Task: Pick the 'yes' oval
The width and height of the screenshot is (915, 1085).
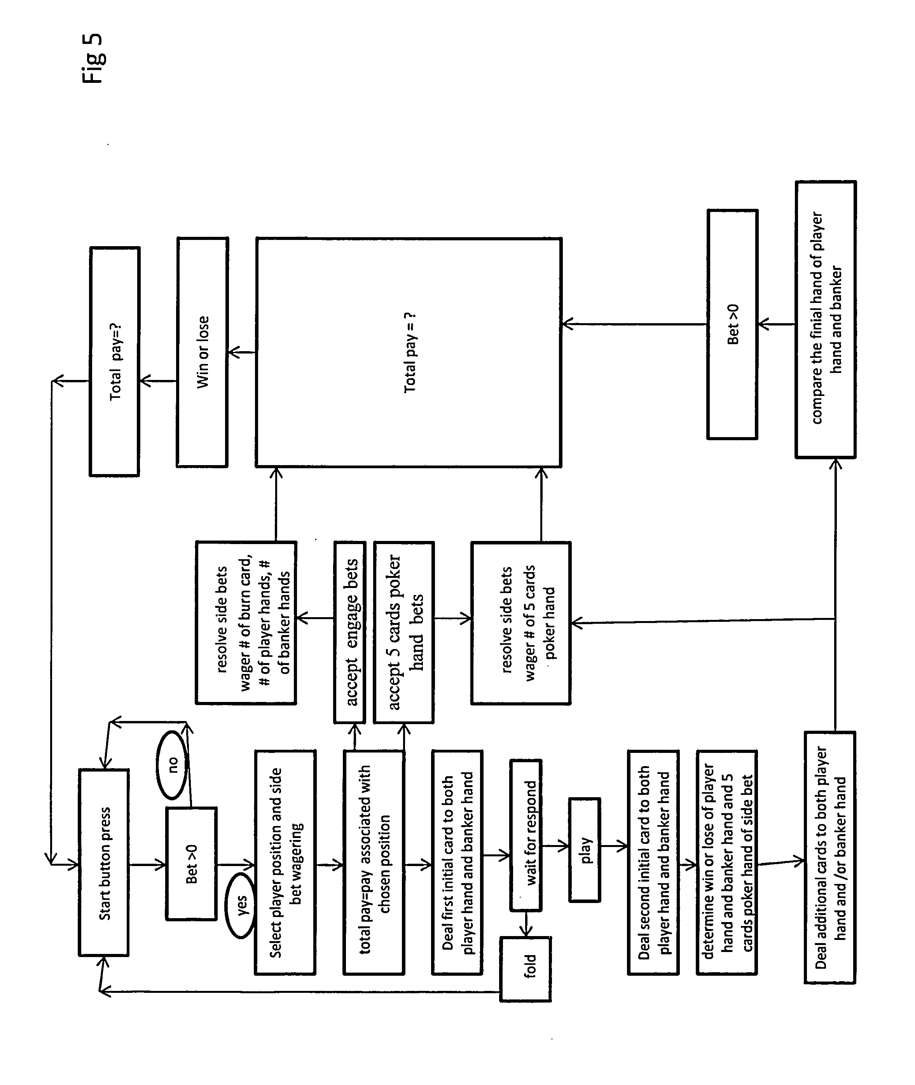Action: [x=240, y=905]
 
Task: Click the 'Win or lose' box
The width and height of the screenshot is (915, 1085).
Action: [x=202, y=352]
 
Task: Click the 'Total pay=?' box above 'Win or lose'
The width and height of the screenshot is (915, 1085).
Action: [x=115, y=361]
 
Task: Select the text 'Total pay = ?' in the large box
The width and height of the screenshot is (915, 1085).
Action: [x=410, y=353]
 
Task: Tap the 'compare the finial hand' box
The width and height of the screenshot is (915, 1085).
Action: [x=826, y=319]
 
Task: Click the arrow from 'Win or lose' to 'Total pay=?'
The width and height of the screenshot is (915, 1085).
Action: [x=158, y=381]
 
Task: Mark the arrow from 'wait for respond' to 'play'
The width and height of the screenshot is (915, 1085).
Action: [x=555, y=846]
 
